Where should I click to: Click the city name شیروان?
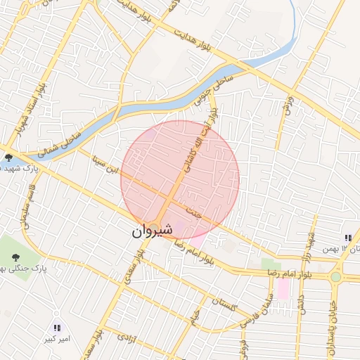[150, 231]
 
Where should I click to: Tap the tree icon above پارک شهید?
[8, 157]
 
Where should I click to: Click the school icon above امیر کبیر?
[57, 328]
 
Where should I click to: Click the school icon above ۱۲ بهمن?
[348, 238]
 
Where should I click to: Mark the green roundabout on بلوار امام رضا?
[336, 276]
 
